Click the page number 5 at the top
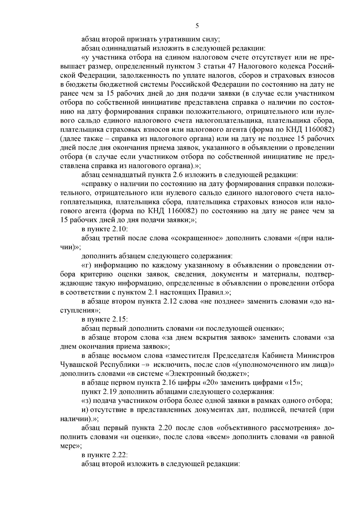[x=197, y=26]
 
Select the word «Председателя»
[x=236, y=356]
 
